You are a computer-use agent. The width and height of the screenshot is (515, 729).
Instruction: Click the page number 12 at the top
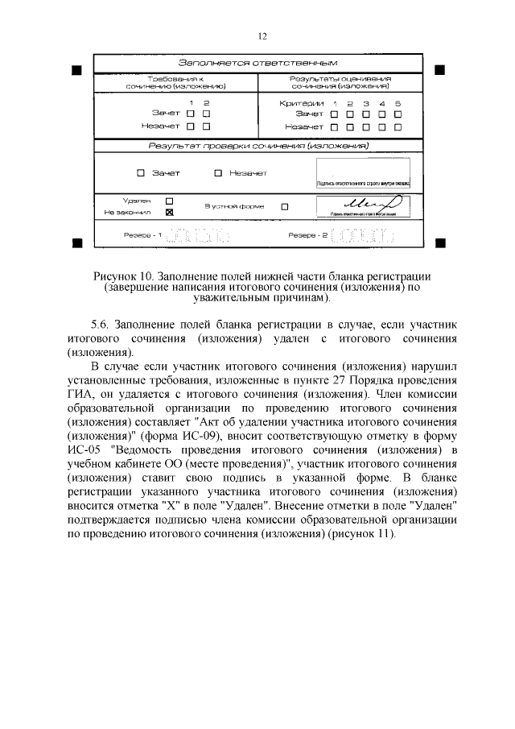262,36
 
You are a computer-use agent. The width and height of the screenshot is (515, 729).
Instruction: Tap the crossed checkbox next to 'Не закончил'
169,213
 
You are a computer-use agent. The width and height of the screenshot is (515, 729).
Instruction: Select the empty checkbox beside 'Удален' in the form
169,200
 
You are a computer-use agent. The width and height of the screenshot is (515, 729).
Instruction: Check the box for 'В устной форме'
284,206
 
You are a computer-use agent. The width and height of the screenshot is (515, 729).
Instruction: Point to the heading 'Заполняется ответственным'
257,63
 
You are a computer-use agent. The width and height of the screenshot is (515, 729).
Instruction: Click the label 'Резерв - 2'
308,236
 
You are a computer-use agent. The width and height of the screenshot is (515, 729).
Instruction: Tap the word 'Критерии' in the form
301,103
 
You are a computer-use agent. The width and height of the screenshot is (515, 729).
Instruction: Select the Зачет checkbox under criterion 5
398,114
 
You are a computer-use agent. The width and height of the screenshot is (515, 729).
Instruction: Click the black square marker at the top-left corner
76,71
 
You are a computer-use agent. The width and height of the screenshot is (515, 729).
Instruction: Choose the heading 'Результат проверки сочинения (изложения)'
257,147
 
